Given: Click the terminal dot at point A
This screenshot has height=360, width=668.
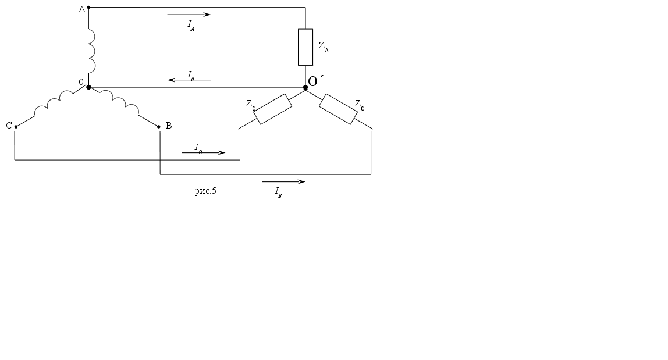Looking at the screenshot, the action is tap(88, 7).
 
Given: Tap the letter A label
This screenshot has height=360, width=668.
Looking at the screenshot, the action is tap(82, 9).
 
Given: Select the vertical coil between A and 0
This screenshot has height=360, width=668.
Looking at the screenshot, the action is tap(91, 51).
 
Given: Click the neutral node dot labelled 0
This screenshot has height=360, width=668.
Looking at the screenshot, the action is tap(88, 87).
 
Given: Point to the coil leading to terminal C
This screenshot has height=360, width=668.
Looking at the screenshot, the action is tap(54, 103).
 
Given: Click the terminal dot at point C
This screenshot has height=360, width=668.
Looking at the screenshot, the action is tap(16, 127).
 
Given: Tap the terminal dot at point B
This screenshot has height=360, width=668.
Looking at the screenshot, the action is tap(159, 127).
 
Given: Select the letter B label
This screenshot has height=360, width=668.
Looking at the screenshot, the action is tap(169, 126).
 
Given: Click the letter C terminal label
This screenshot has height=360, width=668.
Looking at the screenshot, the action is tap(9, 126).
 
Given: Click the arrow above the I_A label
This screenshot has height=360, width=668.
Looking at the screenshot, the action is tap(189, 15).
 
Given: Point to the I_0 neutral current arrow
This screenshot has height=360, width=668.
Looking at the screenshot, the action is tap(189, 80).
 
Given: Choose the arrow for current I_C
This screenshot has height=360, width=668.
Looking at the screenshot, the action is tap(203, 152).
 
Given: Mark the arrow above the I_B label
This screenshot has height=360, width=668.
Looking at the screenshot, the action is tap(283, 182).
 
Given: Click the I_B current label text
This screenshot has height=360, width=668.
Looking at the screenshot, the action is tap(278, 192).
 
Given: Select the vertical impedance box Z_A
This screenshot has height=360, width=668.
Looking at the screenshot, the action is tap(305, 47).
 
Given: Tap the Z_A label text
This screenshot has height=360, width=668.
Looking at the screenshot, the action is tap(324, 47).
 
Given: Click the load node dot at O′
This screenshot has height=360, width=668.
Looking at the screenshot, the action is tap(305, 87).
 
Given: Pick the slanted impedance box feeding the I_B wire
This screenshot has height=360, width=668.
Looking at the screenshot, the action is tap(338, 109).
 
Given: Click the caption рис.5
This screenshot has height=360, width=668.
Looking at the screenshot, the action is tap(205, 191).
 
